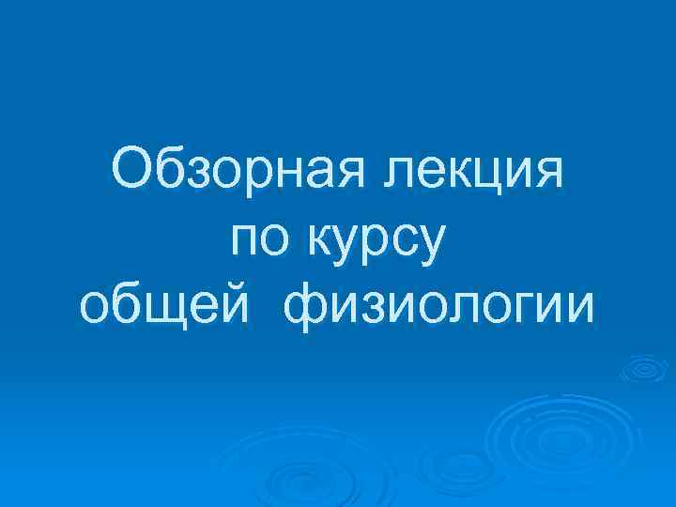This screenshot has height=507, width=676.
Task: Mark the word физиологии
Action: [x=437, y=307]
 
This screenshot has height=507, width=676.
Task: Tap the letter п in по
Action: [x=246, y=241]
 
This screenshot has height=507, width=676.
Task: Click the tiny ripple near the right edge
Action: [x=642, y=370]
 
